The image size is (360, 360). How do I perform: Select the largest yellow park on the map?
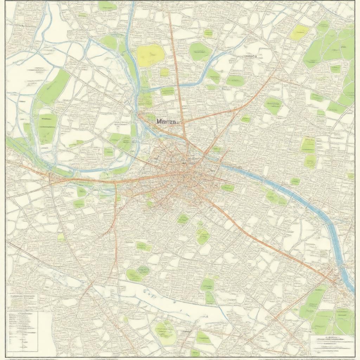click(150, 55)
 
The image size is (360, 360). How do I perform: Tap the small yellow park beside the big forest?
click(299, 32)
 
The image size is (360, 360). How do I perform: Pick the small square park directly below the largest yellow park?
click(164, 72)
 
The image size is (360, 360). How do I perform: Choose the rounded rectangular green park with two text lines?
click(47, 128)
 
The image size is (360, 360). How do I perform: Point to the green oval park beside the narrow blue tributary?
click(200, 52)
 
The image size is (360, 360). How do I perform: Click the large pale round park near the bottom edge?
click(165, 332)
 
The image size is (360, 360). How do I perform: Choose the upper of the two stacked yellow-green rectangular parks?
click(308, 144)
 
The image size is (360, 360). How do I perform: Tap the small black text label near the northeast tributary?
click(249, 56)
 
